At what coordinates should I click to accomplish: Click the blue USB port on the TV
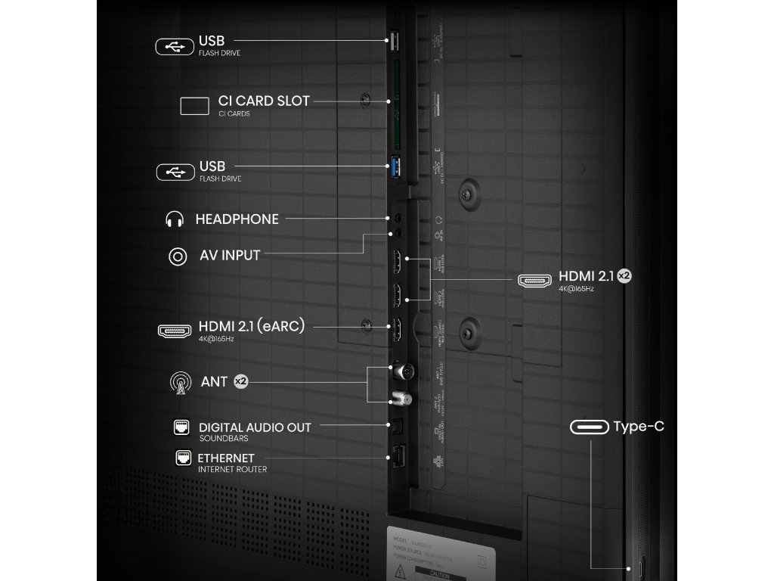pyautogui.click(x=395, y=166)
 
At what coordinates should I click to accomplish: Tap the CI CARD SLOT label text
pyautogui.click(x=264, y=101)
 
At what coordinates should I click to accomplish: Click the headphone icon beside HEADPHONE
pyautogui.click(x=175, y=219)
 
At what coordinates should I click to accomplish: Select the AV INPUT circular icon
pyautogui.click(x=178, y=256)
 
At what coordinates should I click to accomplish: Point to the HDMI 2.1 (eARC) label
pyautogui.click(x=252, y=325)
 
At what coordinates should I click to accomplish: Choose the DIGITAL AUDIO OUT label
pyautogui.click(x=255, y=427)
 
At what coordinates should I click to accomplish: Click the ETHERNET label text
pyautogui.click(x=226, y=458)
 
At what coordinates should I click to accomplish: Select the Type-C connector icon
pyautogui.click(x=590, y=427)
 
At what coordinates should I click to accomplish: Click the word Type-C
pyautogui.click(x=639, y=427)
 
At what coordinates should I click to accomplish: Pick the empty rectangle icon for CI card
pyautogui.click(x=194, y=106)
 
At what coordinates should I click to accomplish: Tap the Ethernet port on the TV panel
pyautogui.click(x=396, y=456)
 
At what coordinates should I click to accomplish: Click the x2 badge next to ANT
pyautogui.click(x=240, y=382)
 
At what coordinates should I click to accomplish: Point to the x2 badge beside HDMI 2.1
pyautogui.click(x=624, y=276)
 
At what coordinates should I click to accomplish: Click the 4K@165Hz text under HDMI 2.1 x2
pyautogui.click(x=576, y=289)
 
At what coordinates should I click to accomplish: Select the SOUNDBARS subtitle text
pyautogui.click(x=223, y=439)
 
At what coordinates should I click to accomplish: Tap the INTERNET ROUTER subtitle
pyautogui.click(x=231, y=469)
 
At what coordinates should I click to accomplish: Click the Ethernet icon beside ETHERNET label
pyautogui.click(x=183, y=458)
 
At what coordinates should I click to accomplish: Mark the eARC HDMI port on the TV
pyautogui.click(x=395, y=329)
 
